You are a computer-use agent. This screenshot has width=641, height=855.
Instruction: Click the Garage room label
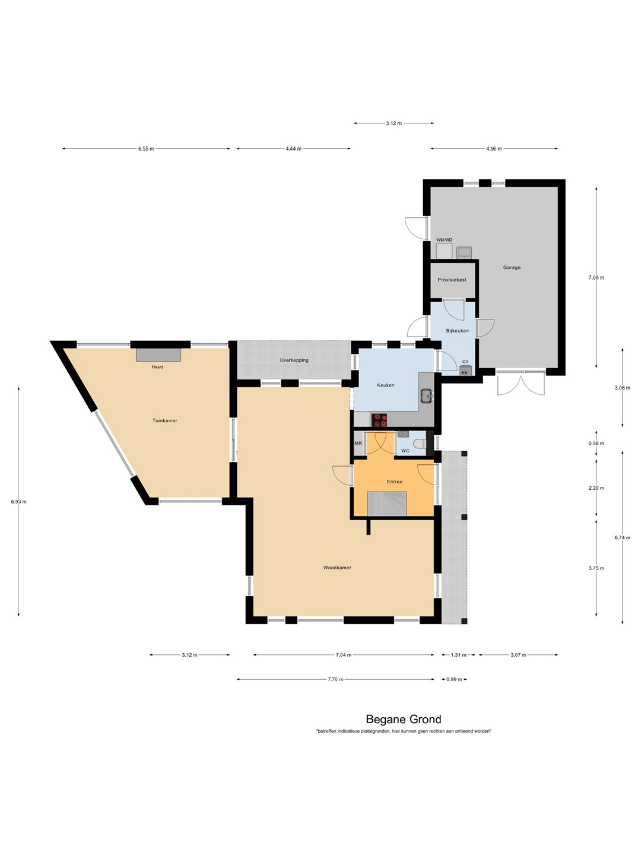[x=512, y=267]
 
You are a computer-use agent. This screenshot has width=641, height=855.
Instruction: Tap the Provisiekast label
[x=452, y=280]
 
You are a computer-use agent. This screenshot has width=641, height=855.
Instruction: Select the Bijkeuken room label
[x=457, y=331]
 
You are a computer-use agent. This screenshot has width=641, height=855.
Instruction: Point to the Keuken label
[x=385, y=385]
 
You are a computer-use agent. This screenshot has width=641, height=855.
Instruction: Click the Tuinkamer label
[x=164, y=421]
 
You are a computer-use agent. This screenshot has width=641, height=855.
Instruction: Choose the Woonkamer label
[x=337, y=568]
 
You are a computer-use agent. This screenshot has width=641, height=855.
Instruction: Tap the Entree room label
[x=394, y=482]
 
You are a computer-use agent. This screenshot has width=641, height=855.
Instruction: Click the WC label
[x=405, y=451]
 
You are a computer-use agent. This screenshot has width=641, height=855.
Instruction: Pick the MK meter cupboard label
[x=358, y=444]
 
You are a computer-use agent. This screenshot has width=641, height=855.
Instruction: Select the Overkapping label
[x=294, y=360]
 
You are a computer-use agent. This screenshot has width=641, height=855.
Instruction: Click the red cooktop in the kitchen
[x=379, y=420]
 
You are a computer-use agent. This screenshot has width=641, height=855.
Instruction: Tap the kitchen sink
[x=427, y=395]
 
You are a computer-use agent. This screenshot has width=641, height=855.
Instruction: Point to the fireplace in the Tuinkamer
[x=158, y=355]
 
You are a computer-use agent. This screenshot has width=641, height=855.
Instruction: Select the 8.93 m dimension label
[x=18, y=502]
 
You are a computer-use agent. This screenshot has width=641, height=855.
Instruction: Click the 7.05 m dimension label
[x=596, y=278]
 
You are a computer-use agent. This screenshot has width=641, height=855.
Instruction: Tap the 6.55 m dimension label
[x=146, y=148]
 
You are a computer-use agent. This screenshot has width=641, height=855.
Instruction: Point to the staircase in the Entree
[x=387, y=504]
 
